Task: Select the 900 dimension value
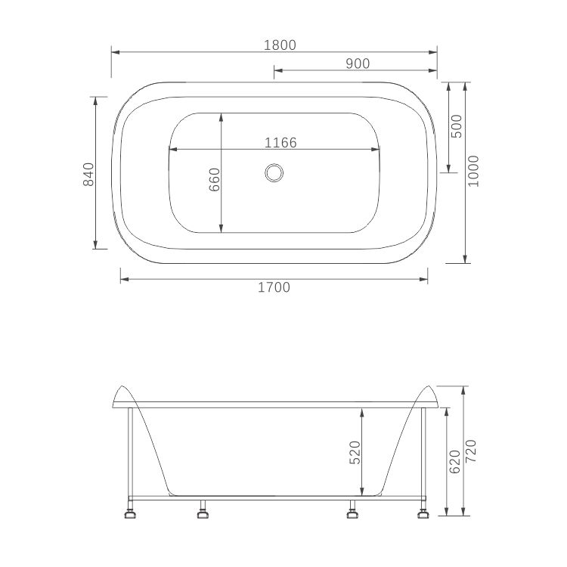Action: [x=358, y=64]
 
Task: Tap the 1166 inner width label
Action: [x=280, y=142]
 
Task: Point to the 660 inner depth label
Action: [x=214, y=179]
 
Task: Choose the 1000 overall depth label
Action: [x=473, y=172]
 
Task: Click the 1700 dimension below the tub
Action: [x=274, y=287]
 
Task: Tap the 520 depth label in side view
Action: [x=356, y=452]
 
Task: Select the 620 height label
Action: [x=455, y=461]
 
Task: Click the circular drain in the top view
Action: [x=274, y=173]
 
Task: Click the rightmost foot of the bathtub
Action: [x=423, y=516]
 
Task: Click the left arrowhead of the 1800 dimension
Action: [x=115, y=52]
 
